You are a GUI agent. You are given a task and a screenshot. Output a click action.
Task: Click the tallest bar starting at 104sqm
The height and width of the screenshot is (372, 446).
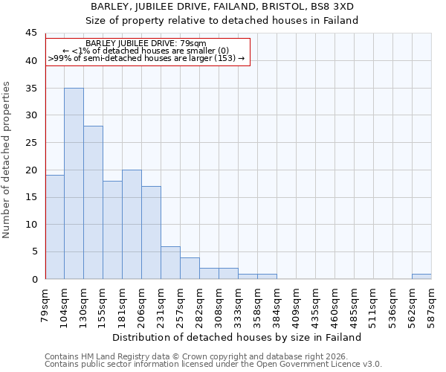tap(74, 184)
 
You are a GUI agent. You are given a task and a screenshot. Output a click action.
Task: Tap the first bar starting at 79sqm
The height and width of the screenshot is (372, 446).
tap(54, 227)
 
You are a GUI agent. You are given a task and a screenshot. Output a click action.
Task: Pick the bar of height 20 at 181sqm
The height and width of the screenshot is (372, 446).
tap(132, 225)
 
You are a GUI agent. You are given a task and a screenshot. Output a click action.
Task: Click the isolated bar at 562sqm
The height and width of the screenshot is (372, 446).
tap(421, 277)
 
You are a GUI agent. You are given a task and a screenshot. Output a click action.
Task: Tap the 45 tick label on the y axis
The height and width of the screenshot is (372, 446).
tap(30, 33)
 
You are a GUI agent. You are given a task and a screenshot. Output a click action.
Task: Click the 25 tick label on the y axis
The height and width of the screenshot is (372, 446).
tap(30, 143)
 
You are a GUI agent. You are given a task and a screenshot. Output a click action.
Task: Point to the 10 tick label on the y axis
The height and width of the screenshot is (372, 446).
tap(30, 225)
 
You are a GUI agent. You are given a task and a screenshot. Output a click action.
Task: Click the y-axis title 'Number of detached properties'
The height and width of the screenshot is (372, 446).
tap(7, 160)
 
